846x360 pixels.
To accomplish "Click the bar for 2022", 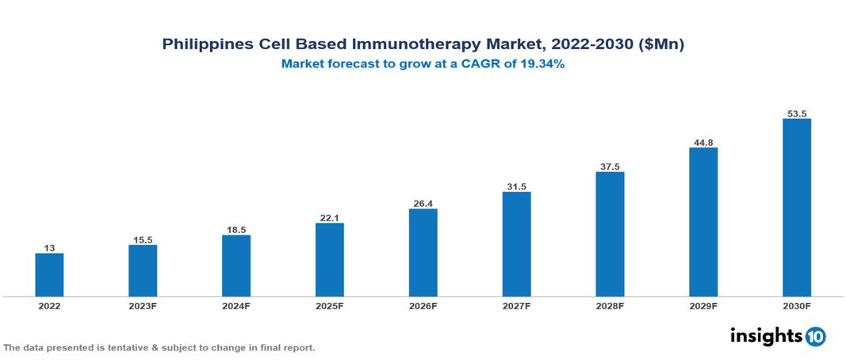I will click(49, 275).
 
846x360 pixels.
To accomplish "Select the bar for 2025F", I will click(329, 260).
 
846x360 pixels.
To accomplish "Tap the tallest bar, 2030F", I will click(796, 208).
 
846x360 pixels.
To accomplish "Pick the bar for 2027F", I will click(516, 244).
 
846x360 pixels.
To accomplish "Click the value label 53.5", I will click(796, 113).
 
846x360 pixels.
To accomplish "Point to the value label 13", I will click(49, 248).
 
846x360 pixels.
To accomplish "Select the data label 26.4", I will click(423, 204).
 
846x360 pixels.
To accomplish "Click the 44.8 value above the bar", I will click(702, 143).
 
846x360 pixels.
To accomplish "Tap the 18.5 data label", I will click(236, 230).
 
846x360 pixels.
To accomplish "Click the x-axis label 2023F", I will click(143, 306).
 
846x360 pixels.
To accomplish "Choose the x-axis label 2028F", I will click(610, 306).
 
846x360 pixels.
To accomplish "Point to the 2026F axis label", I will click(423, 306).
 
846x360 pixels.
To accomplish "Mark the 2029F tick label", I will click(702, 306).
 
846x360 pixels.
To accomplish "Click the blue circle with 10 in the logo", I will click(815, 336).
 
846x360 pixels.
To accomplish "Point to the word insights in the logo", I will click(766, 335).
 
